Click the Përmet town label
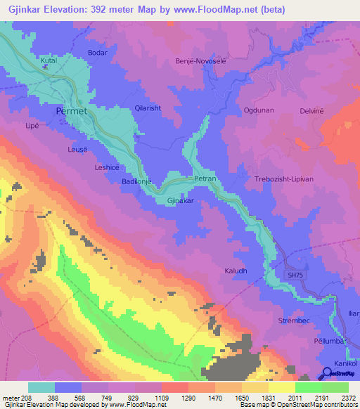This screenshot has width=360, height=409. (x=70, y=111)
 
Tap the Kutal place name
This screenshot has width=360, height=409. (x=49, y=61)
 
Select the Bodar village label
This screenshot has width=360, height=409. (x=96, y=53)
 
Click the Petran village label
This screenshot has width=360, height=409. (x=204, y=179)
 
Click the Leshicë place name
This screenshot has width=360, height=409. (x=108, y=167)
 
